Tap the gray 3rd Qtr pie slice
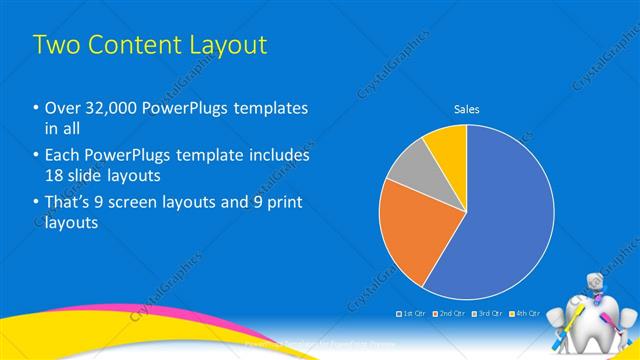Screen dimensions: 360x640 coord(409,170)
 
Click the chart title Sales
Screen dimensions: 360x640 coord(467,109)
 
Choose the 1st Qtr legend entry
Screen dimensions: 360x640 coord(413,313)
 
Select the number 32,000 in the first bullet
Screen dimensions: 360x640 coord(106,108)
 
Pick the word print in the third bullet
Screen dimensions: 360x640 coord(283,203)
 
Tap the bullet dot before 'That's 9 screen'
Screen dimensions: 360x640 coord(36,203)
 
